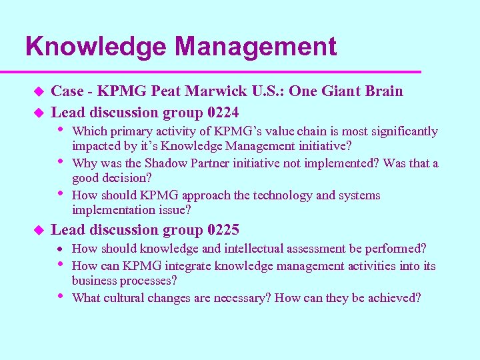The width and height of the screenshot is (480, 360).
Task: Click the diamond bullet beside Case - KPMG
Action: tap(39, 91)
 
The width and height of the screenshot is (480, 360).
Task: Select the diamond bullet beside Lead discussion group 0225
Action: tap(39, 231)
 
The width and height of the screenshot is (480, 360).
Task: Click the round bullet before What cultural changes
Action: tap(61, 296)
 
